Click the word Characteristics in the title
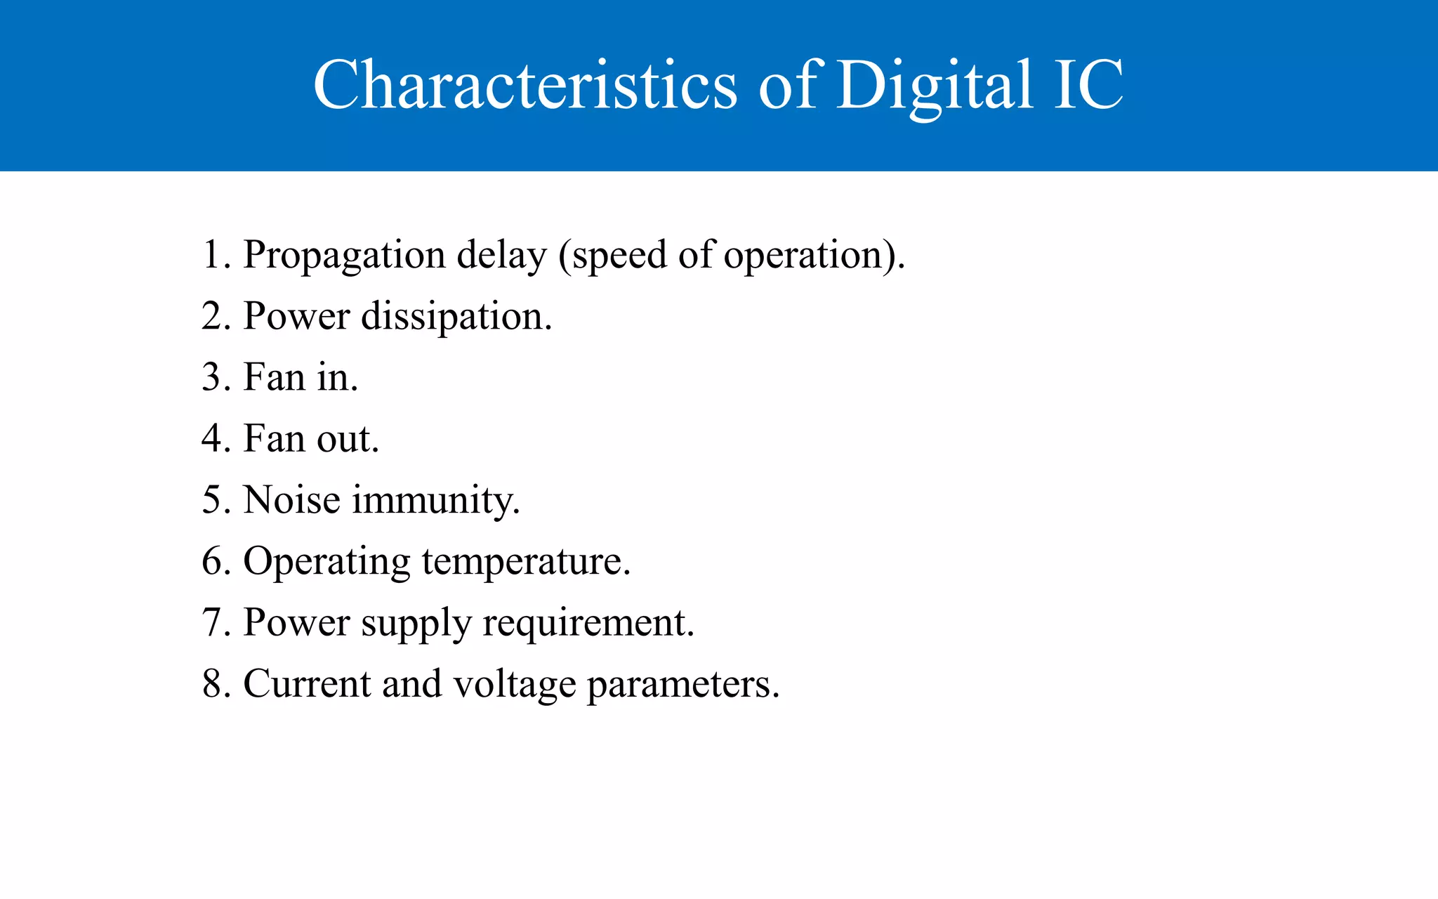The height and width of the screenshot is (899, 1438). (525, 85)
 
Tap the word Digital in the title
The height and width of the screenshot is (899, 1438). (935, 85)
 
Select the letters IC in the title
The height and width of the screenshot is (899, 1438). (1088, 85)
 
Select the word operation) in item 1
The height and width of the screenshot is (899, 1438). (814, 256)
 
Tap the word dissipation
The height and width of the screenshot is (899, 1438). (456, 317)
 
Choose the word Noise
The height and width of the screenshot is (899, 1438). (291, 500)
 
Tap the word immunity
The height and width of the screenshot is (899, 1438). (435, 501)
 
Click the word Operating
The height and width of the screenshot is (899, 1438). (326, 563)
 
